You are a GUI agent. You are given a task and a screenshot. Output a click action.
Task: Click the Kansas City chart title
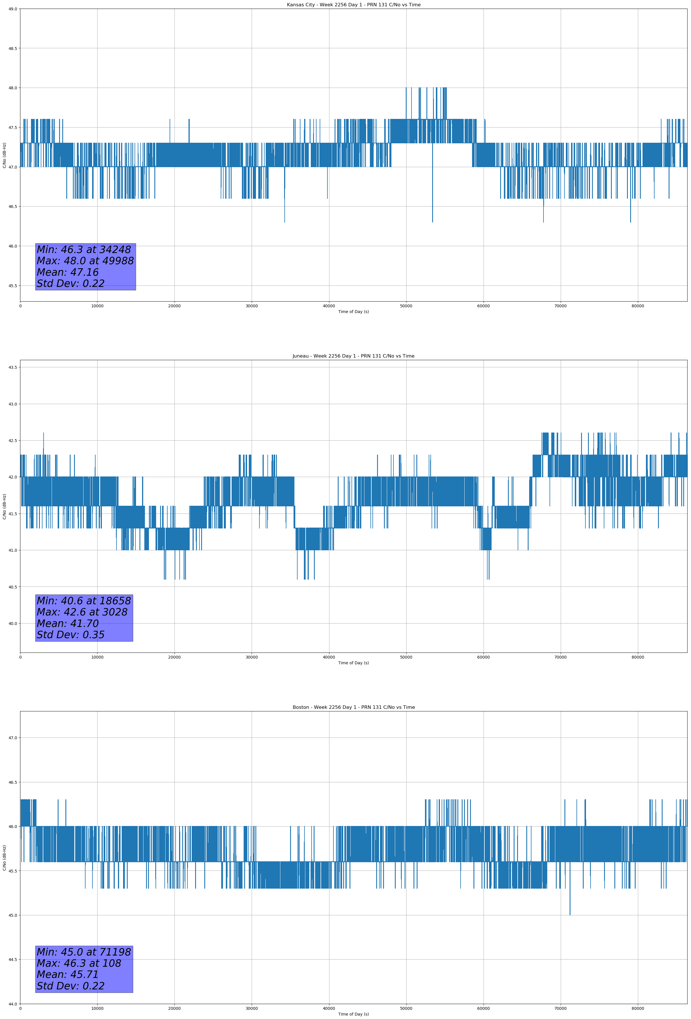click(x=353, y=5)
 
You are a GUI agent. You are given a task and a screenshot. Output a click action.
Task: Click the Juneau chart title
click(x=353, y=356)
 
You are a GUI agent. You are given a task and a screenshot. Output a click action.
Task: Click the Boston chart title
click(x=353, y=707)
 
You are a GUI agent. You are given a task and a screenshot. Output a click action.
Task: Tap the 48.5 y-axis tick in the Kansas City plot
click(x=13, y=48)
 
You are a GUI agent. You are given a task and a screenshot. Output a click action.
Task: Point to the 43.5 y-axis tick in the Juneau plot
click(x=13, y=367)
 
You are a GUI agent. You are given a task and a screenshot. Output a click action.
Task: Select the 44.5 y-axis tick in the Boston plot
click(x=13, y=959)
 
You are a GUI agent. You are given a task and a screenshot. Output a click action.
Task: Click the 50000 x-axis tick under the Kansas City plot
click(x=406, y=306)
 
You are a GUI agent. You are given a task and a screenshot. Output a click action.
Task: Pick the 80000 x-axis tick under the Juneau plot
click(x=638, y=657)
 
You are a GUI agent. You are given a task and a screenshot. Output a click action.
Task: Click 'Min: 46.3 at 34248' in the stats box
click(x=84, y=250)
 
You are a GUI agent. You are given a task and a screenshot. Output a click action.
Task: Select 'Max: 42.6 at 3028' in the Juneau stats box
click(x=82, y=612)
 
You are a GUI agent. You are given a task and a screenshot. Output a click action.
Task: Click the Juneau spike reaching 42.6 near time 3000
click(x=43, y=434)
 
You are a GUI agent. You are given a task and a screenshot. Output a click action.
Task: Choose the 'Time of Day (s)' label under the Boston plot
click(x=353, y=1014)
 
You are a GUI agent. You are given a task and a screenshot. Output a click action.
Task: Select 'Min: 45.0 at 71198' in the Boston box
click(x=84, y=952)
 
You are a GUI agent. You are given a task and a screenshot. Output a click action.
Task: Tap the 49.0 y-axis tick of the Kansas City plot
click(x=13, y=9)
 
